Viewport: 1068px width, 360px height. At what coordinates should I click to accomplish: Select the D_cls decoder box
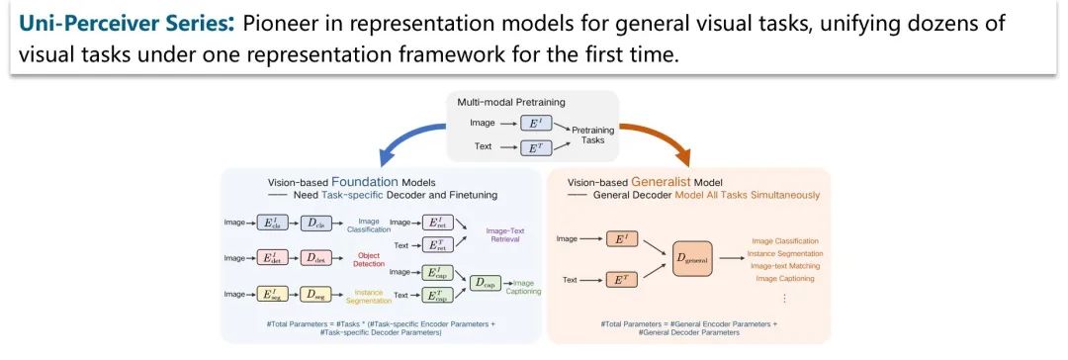[314, 223]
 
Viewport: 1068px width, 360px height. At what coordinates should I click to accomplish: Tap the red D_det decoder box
[314, 258]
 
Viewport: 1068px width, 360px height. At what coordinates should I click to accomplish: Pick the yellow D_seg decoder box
[314, 294]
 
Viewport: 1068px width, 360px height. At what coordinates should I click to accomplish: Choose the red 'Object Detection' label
[367, 258]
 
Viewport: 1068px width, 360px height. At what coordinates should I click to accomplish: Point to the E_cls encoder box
[269, 223]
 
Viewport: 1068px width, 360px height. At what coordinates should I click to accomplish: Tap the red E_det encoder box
[269, 258]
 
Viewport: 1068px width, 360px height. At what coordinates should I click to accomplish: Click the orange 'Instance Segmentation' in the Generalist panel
[787, 253]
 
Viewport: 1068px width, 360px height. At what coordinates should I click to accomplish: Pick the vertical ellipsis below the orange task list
[785, 297]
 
